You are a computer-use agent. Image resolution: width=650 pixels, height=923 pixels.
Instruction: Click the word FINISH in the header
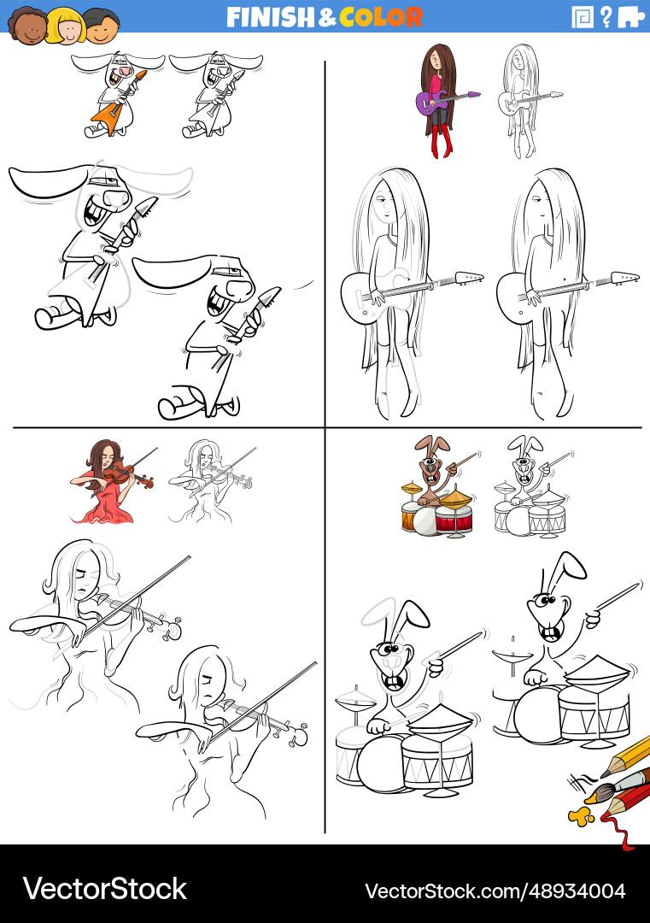tap(272, 17)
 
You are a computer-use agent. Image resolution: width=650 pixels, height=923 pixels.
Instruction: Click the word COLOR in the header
tap(381, 17)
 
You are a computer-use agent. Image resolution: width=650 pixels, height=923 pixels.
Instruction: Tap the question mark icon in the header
tap(606, 17)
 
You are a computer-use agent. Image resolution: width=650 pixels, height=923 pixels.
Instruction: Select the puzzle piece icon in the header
tap(631, 17)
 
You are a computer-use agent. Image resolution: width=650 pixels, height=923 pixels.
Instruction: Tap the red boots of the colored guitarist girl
tap(442, 141)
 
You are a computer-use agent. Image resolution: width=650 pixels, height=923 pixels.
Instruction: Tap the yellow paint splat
tap(579, 816)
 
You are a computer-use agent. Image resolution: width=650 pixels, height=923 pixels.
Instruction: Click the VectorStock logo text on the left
tap(105, 889)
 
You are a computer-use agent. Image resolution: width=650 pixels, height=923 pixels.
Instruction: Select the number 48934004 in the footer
tap(577, 891)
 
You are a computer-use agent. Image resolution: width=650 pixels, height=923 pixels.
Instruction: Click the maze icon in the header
tap(583, 17)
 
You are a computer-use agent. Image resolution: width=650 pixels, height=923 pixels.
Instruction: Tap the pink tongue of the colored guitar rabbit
tap(126, 72)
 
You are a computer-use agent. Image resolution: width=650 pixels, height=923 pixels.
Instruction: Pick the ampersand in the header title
tap(328, 18)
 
